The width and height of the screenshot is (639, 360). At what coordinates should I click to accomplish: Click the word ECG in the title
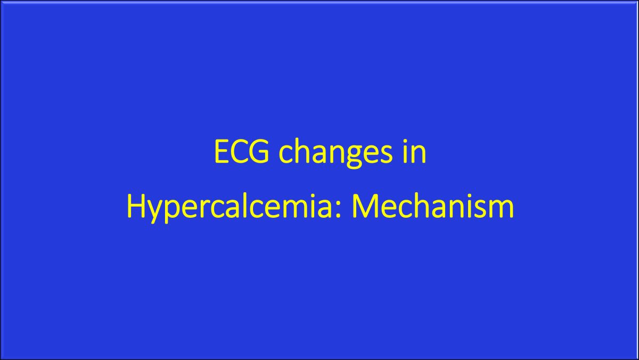coord(241,151)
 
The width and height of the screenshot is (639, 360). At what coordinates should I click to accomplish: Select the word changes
coord(335,154)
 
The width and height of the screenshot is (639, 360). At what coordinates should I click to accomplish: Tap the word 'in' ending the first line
coord(414,151)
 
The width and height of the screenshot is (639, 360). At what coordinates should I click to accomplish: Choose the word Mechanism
coord(433,205)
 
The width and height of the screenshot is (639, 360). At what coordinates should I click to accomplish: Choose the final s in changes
coord(386,155)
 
